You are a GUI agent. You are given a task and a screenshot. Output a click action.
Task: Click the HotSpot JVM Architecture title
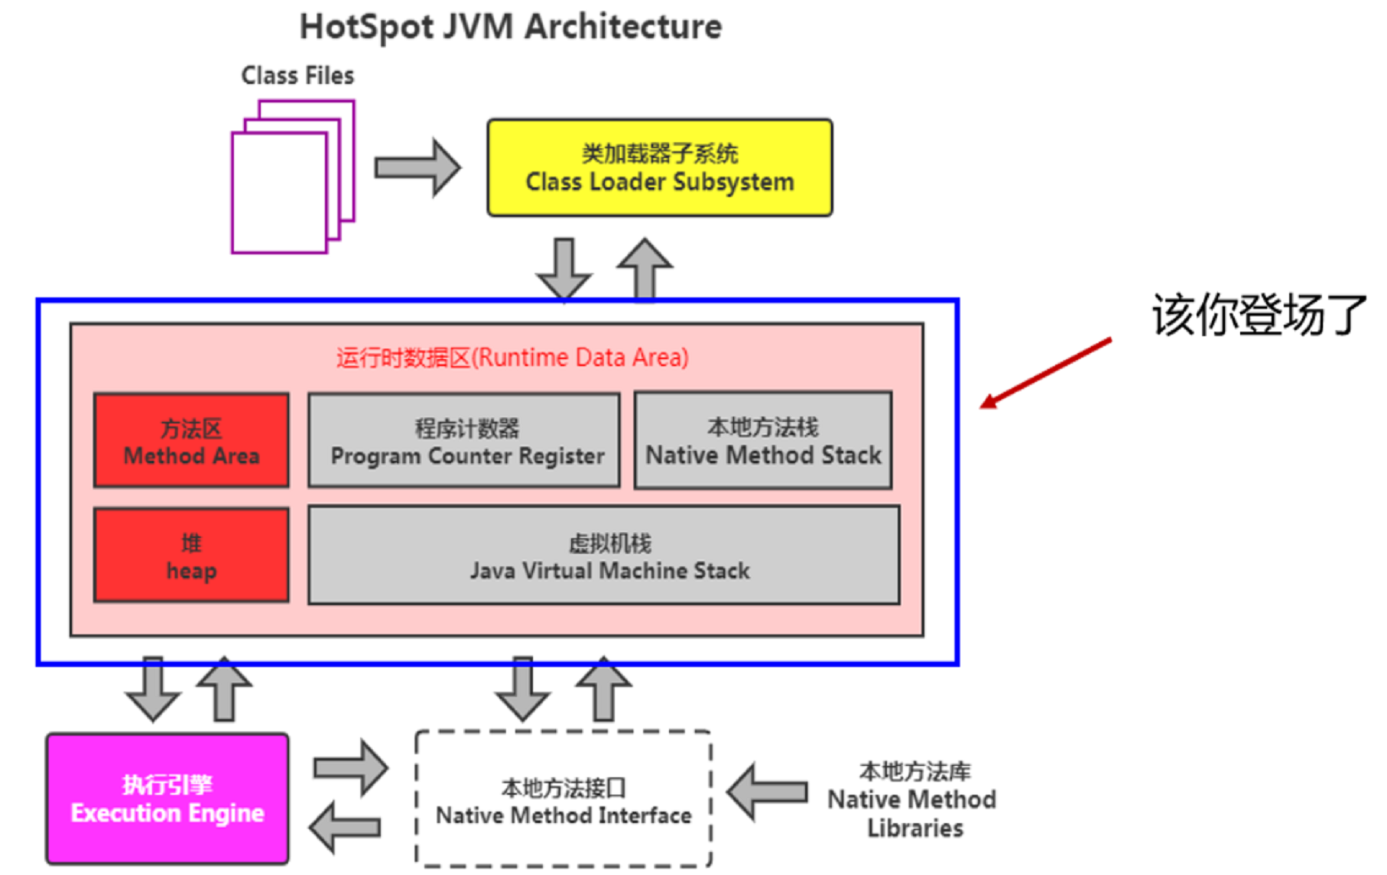click(x=510, y=27)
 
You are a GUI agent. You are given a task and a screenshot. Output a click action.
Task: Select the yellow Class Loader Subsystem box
click(x=659, y=167)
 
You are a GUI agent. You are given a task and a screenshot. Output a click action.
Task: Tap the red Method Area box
click(x=191, y=440)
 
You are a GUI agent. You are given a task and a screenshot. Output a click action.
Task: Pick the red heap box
click(x=191, y=556)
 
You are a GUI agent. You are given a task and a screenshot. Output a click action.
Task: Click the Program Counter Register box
click(x=464, y=441)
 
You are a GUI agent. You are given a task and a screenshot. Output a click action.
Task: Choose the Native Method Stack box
click(x=763, y=440)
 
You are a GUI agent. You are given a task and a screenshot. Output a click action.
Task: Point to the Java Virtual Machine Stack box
click(x=604, y=556)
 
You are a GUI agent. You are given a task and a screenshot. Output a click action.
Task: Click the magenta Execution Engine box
click(x=167, y=799)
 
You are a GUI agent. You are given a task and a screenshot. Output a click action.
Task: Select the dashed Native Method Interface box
click(x=564, y=799)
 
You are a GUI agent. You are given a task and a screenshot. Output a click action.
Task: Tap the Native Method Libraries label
click(x=912, y=799)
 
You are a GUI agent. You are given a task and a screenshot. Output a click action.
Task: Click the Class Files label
click(x=297, y=76)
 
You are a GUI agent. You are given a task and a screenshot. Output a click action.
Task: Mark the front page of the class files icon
click(x=279, y=193)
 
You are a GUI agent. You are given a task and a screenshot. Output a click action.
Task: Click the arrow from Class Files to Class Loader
click(x=417, y=167)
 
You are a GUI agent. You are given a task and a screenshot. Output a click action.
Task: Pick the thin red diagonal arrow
click(x=1045, y=374)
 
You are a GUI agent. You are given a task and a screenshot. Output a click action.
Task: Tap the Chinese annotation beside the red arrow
click(x=1259, y=315)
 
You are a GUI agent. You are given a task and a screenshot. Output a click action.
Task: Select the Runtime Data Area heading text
click(x=512, y=358)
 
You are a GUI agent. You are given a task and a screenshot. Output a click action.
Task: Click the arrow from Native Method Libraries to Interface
click(x=767, y=792)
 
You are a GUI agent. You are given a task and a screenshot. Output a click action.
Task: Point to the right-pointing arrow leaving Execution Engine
click(x=351, y=767)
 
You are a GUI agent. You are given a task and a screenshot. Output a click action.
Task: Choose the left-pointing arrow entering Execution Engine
click(x=345, y=827)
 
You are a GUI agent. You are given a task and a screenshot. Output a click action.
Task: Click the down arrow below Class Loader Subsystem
click(x=564, y=268)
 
